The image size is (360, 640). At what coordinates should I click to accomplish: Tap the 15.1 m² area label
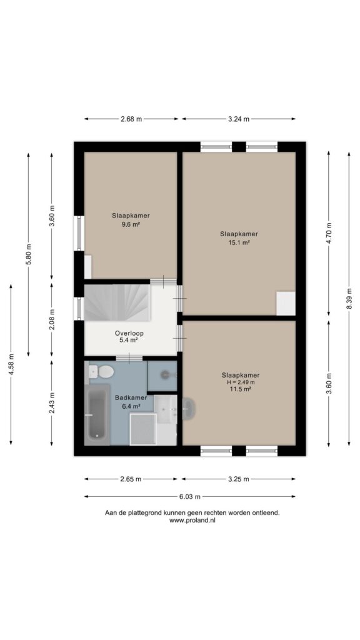tap(239, 242)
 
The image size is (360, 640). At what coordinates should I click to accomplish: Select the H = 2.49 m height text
tap(241, 382)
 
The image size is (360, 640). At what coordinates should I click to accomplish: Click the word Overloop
tap(129, 332)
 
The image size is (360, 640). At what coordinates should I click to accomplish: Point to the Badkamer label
tap(131, 397)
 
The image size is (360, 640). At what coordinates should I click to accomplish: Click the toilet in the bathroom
tap(102, 371)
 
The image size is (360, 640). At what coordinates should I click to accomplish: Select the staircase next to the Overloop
tap(117, 302)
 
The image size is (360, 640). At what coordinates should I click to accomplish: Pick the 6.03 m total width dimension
tap(189, 497)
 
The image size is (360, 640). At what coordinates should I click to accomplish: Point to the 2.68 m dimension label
tap(131, 119)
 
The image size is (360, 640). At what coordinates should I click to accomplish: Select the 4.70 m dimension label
tap(329, 233)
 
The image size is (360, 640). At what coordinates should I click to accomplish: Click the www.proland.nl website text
tap(192, 520)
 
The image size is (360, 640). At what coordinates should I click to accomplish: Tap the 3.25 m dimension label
tap(238, 479)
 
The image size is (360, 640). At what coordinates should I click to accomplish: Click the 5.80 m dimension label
tap(29, 254)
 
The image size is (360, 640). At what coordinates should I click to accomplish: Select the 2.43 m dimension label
tap(51, 403)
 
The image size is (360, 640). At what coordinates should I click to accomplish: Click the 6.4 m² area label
tap(131, 406)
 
